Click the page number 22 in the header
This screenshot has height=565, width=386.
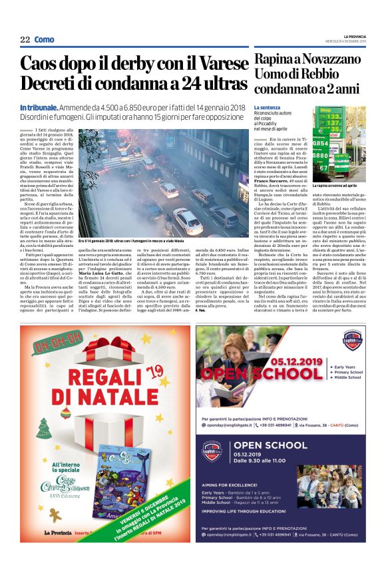tap(25, 40)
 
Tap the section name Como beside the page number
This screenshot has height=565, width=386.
tap(45, 40)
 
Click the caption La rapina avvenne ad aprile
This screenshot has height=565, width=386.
tap(337, 186)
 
